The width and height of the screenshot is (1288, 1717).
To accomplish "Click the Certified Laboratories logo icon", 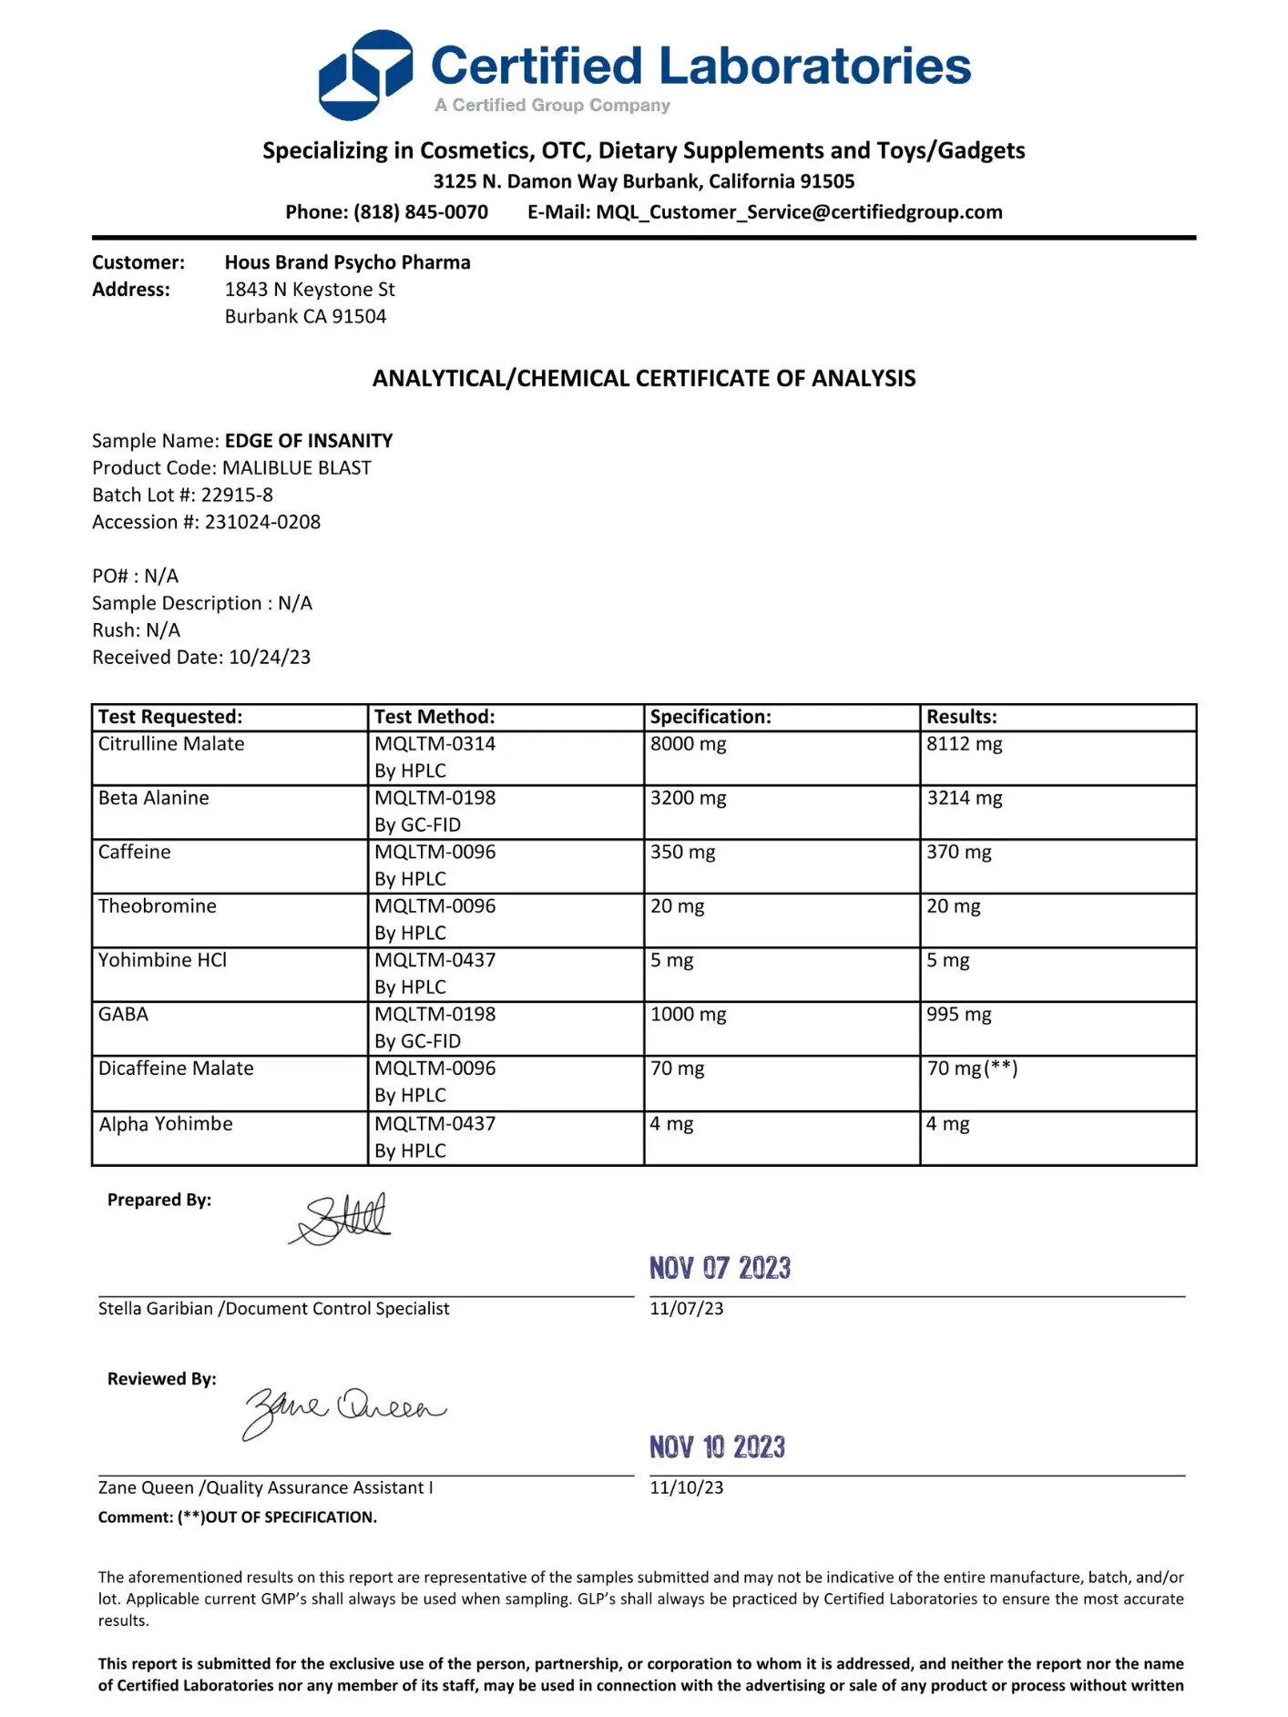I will [364, 75].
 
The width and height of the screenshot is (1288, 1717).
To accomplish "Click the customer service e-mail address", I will [799, 212].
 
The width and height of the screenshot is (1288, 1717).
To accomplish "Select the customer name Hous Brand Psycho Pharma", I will [347, 262].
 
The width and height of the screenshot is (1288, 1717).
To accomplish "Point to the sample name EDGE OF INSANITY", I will [309, 441].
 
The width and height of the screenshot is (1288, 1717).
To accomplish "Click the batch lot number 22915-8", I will [237, 495].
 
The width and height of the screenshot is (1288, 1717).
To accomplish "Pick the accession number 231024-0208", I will [262, 522].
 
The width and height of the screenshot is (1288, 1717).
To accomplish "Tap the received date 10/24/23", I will [270, 657].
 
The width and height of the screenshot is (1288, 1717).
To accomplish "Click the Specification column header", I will [710, 717].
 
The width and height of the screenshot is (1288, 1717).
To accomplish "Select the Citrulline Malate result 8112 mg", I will [964, 743].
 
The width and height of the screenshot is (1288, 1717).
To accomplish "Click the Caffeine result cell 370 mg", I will [958, 852].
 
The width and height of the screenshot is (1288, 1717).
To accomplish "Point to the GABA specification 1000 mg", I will [688, 1014].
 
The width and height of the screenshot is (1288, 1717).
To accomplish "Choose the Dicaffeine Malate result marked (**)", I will [972, 1068].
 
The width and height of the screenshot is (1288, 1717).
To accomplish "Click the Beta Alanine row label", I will [153, 798].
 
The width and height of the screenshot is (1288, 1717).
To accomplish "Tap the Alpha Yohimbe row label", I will [166, 1124].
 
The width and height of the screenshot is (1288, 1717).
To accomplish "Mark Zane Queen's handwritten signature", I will [343, 1411].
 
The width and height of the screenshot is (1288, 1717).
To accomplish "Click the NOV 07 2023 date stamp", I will [720, 1268].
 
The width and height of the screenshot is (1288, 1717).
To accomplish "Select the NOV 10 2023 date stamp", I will [717, 1446].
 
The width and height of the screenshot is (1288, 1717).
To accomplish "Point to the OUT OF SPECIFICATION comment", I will [277, 1518].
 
